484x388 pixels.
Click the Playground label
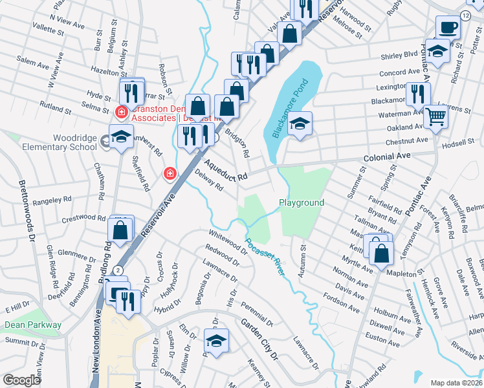302,202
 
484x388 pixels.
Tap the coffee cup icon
447,28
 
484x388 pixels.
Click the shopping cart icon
436,116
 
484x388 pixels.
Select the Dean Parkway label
33,325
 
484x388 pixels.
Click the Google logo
21,380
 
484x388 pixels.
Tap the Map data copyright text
456,383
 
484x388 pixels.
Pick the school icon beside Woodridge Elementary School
120,136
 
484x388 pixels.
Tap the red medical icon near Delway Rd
170,173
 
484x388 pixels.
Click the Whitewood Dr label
228,242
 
